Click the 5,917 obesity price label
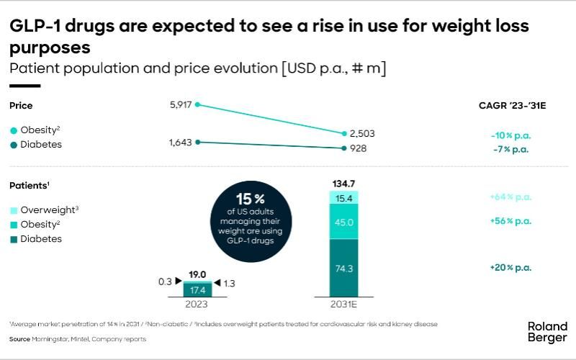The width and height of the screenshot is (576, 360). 181,105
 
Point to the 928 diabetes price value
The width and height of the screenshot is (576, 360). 357,149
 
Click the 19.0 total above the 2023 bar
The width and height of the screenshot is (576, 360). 197,274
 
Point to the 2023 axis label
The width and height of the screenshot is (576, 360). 197,305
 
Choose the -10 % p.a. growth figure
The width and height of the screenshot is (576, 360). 507,134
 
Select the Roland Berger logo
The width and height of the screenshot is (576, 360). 547,333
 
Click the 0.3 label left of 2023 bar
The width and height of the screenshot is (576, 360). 165,282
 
